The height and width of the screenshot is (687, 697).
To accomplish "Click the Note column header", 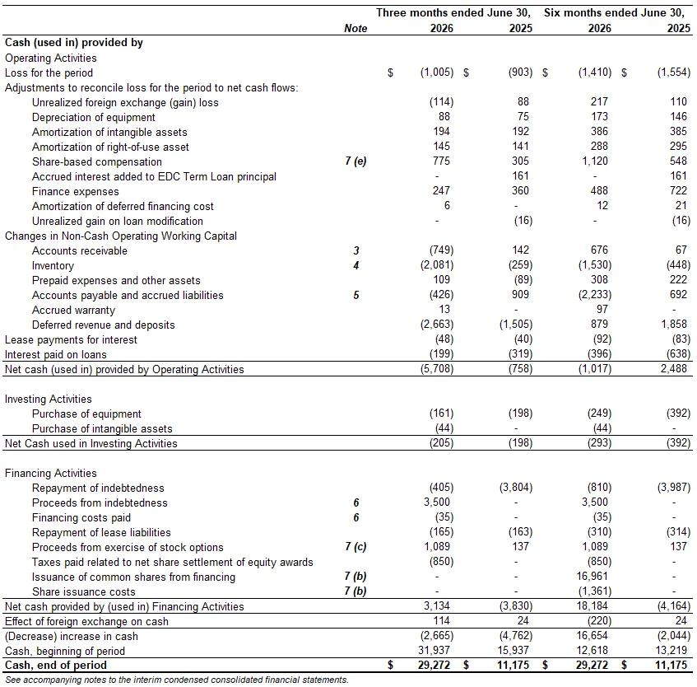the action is pyautogui.click(x=355, y=29).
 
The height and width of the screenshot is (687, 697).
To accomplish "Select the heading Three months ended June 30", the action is pyautogui.click(x=453, y=12).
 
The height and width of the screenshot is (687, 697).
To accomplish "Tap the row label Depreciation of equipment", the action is pyautogui.click(x=93, y=118).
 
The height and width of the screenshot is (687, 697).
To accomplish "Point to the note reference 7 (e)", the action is pyautogui.click(x=355, y=161).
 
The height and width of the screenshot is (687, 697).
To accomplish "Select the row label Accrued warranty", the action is pyautogui.click(x=73, y=310).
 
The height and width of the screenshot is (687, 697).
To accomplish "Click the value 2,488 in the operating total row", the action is pyautogui.click(x=674, y=369).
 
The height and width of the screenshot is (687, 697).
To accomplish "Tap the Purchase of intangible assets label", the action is pyautogui.click(x=102, y=428).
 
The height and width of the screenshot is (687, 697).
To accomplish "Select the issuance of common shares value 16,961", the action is pyautogui.click(x=592, y=577).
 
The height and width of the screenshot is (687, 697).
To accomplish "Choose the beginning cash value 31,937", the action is pyautogui.click(x=434, y=651).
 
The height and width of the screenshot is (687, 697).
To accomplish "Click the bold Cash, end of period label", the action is pyautogui.click(x=56, y=666).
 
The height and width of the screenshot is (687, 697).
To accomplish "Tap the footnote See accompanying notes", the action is pyautogui.click(x=177, y=680).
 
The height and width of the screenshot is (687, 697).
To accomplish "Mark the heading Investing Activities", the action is pyautogui.click(x=49, y=400).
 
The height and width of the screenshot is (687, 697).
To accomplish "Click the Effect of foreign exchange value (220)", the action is pyautogui.click(x=600, y=621).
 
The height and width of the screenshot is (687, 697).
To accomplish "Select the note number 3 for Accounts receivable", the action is pyautogui.click(x=356, y=250).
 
